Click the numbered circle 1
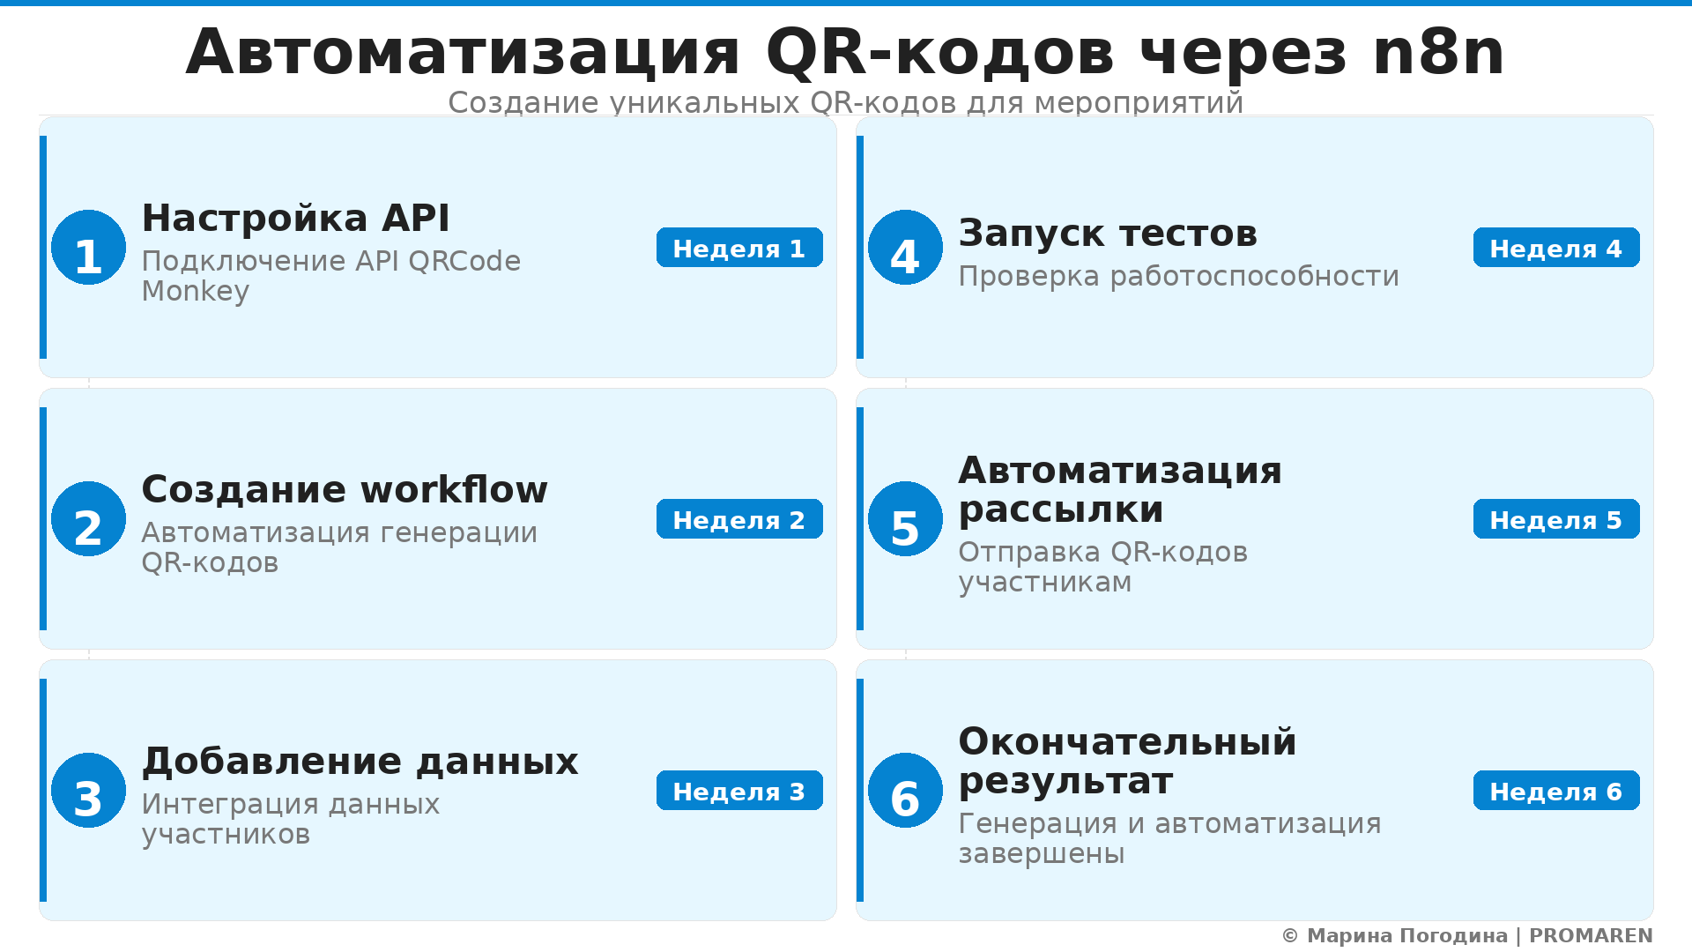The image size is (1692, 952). pos(88,248)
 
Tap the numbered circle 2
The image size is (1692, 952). pos(88,519)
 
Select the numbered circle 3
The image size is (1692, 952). pos(88,791)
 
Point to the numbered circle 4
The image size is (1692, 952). pos(905,248)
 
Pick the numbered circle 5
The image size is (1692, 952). pos(905,519)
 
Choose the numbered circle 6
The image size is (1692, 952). pos(905,791)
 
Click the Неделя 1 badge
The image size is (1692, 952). pos(739,248)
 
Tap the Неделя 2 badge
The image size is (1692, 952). pos(739,519)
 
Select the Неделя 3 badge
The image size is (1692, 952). pos(739,791)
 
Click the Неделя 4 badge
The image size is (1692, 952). pos(1556,248)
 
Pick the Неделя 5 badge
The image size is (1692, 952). pos(1556,519)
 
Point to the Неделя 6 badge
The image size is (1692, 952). pos(1556,791)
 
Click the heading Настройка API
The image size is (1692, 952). pos(295,218)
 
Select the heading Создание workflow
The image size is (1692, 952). pos(345,489)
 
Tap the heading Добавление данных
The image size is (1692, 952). pos(360,761)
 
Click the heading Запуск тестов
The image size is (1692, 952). pos(1108,233)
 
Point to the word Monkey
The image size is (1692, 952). pos(196,291)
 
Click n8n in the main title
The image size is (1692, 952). pos(1438,52)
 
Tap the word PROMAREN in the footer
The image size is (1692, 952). pos(1591,935)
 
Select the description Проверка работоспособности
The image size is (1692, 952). pos(1178,276)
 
